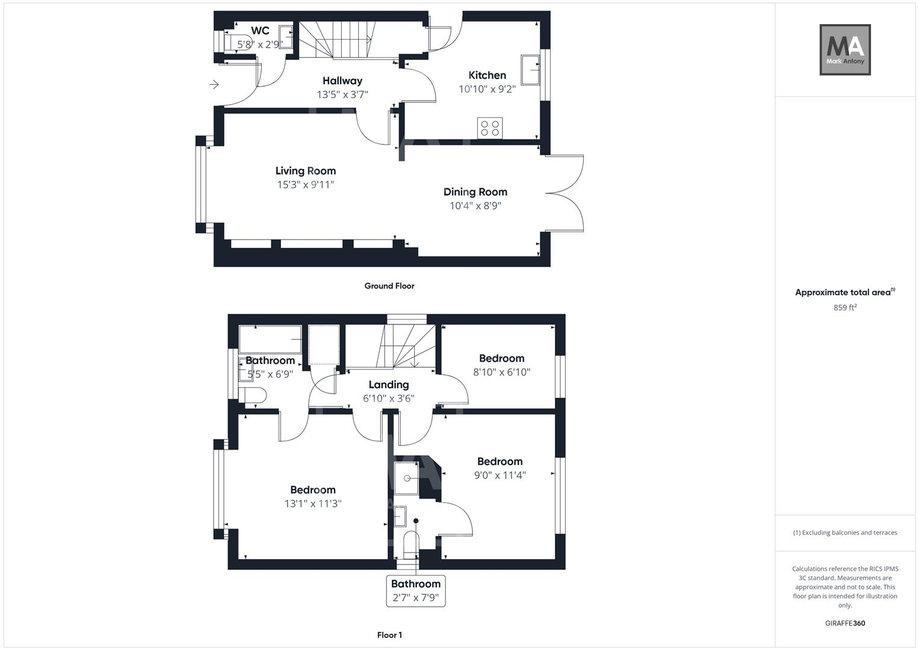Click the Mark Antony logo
(x=845, y=49)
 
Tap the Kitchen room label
(x=487, y=75)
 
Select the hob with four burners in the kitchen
(x=489, y=128)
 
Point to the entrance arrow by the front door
(x=214, y=85)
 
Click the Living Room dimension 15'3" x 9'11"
(x=305, y=185)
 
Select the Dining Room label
(x=475, y=192)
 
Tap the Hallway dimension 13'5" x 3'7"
(x=342, y=94)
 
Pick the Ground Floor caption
(x=389, y=286)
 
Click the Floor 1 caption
(x=389, y=635)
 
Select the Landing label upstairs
(x=388, y=385)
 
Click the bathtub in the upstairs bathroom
(x=270, y=339)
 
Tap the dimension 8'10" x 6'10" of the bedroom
(x=501, y=372)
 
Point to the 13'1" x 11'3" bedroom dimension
(x=312, y=504)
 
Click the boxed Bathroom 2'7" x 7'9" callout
(x=416, y=591)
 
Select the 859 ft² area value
(x=844, y=308)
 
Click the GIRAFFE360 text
(x=844, y=623)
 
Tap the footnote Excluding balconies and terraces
(x=844, y=533)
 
